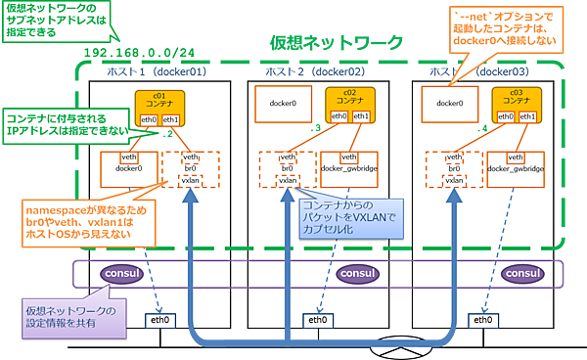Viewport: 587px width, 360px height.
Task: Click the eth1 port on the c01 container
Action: [173, 116]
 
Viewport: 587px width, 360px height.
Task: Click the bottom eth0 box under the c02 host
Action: [317, 320]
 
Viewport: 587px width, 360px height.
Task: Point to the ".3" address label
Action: [314, 128]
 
